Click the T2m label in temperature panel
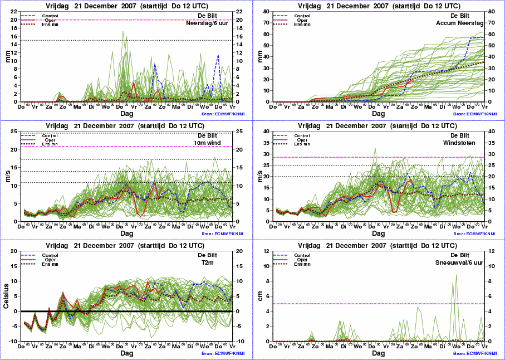coord(219,262)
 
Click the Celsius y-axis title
coord(6,296)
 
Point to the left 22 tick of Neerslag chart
coord(14,11)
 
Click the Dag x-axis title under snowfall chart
coord(378,353)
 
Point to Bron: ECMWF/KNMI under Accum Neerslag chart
coord(474,114)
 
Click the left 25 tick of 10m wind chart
coord(14,132)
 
